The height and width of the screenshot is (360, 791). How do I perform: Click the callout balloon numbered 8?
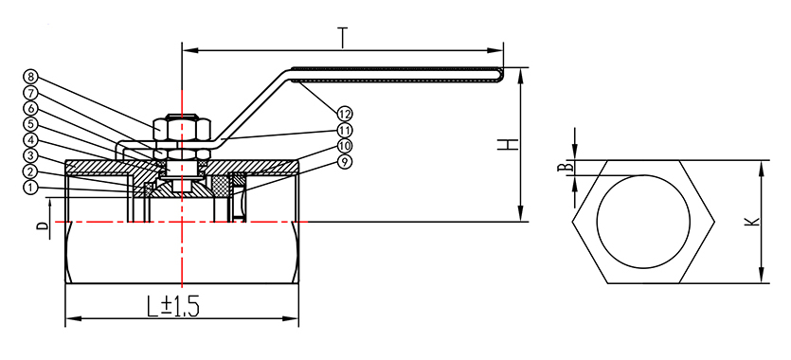[x=29, y=77]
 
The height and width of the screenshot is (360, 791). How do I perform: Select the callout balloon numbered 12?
[x=345, y=114]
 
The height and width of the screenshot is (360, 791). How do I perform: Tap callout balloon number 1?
[x=29, y=188]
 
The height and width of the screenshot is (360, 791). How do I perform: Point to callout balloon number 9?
[x=345, y=162]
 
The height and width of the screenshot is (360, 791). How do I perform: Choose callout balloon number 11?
[x=345, y=130]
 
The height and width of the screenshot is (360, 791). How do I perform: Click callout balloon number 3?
[x=29, y=155]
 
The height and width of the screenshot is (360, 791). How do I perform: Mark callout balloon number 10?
[x=345, y=146]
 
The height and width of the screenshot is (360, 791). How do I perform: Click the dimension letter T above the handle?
[x=343, y=38]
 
